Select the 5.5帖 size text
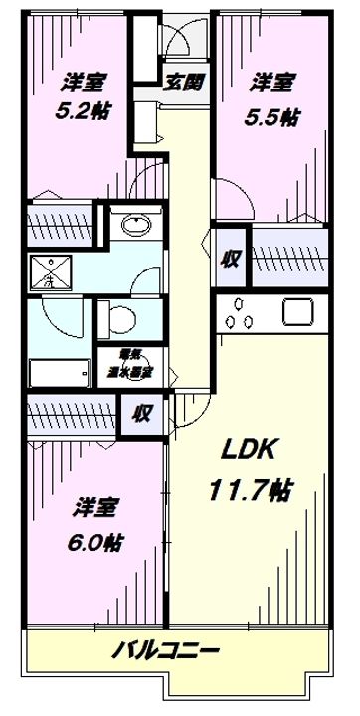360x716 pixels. tap(270, 116)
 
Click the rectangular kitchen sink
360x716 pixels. tap(299, 311)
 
